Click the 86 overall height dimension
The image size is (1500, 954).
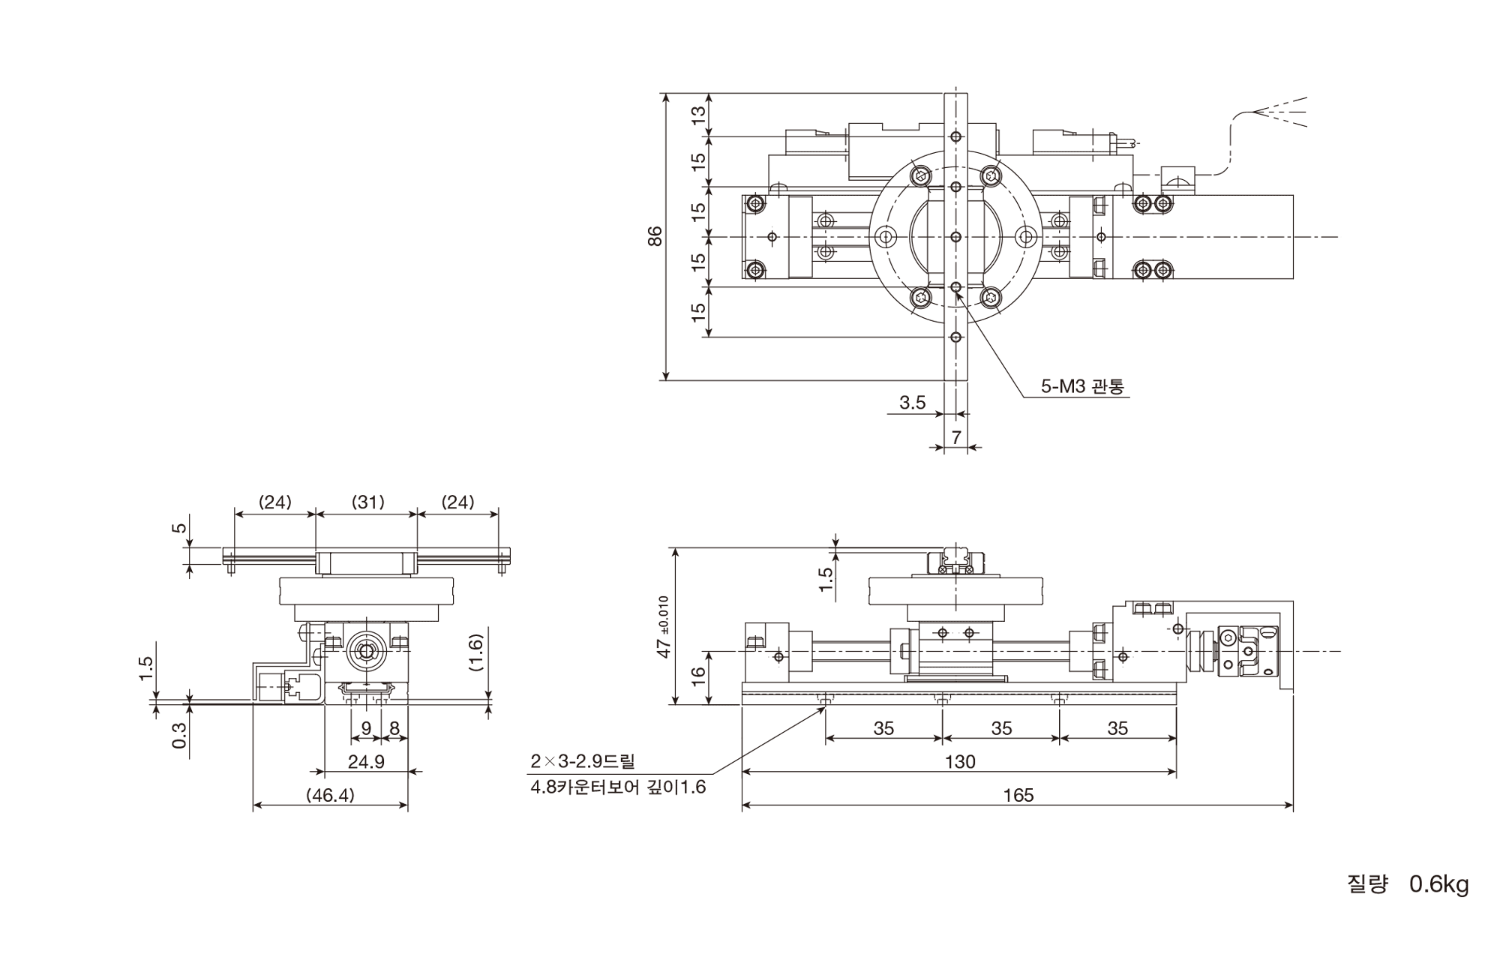(x=655, y=236)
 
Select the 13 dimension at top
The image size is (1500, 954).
(x=699, y=115)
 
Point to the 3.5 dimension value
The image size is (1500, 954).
(x=913, y=403)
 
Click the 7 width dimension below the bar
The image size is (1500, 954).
(x=956, y=437)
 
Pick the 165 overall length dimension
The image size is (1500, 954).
(x=1018, y=795)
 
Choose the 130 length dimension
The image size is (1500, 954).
(x=959, y=762)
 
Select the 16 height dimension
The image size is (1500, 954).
(x=699, y=673)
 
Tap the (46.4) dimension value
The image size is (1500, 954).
(x=331, y=795)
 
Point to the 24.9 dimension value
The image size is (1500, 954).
(x=366, y=762)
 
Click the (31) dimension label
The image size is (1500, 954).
(x=367, y=502)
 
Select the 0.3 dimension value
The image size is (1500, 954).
(x=179, y=735)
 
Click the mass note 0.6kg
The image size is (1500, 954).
(x=1439, y=884)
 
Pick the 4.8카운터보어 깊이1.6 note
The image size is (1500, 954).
(x=618, y=788)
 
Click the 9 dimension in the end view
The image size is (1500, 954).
(x=366, y=727)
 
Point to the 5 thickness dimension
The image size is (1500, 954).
(x=179, y=527)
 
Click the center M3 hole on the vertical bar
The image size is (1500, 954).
(x=955, y=237)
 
